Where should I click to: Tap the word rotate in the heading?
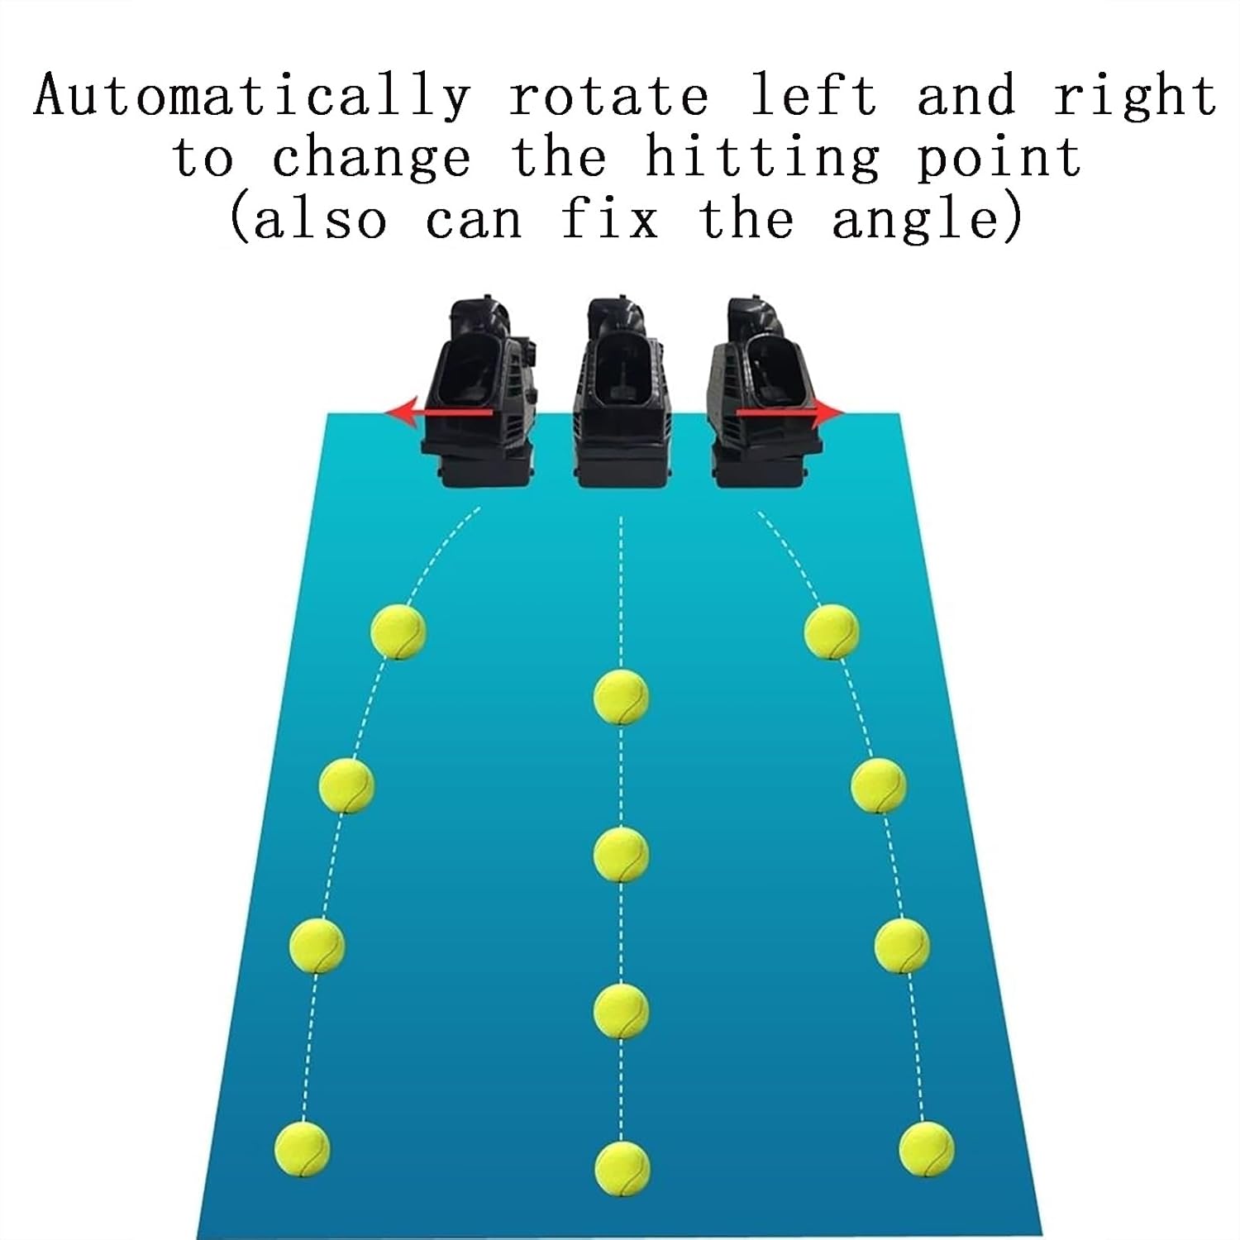click(x=609, y=97)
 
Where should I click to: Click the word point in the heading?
click(x=999, y=159)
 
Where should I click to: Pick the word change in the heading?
click(x=371, y=159)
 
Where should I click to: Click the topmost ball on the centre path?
click(x=622, y=698)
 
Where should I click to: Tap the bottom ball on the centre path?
click(x=622, y=1168)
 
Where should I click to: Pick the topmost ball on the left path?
click(x=398, y=632)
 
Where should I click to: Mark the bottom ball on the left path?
click(x=303, y=1149)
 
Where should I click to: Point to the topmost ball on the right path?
click(x=832, y=632)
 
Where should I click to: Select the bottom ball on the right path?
click(x=927, y=1149)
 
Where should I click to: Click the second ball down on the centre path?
click(x=622, y=854)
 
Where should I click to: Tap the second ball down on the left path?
click(x=346, y=785)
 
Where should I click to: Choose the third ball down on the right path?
click(x=902, y=944)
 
